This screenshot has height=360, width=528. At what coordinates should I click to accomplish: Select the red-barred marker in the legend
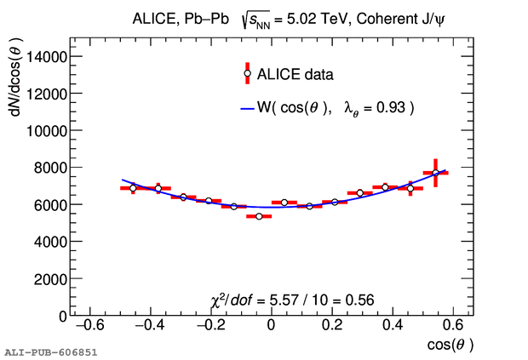[247, 73]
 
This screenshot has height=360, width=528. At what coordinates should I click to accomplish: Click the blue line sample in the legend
[247, 108]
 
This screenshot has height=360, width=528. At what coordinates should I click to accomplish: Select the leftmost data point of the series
[133, 187]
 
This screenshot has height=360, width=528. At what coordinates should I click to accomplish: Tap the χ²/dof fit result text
[292, 300]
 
